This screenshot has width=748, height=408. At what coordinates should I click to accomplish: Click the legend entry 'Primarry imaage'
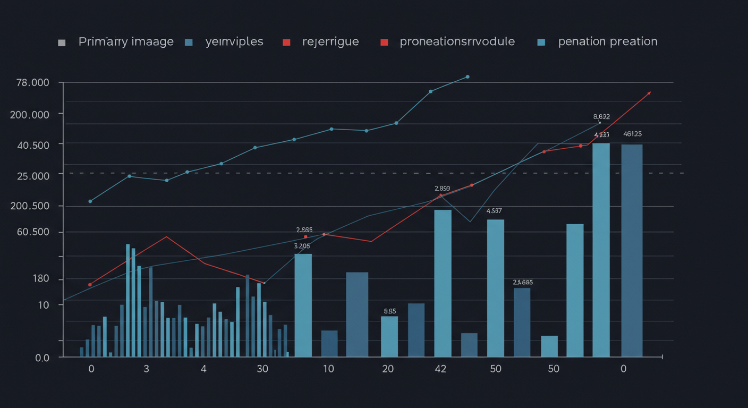(x=126, y=41)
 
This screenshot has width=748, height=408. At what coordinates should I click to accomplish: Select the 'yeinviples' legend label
(x=234, y=41)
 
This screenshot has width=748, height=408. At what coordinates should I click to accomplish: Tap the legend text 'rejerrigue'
(x=330, y=41)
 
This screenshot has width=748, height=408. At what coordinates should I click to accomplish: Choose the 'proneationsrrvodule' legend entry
(x=457, y=41)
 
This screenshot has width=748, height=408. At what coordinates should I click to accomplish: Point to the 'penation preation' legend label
(x=608, y=41)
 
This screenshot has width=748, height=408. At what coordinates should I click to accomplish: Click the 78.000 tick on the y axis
(x=33, y=83)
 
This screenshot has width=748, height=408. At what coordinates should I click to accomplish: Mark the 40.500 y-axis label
(x=33, y=145)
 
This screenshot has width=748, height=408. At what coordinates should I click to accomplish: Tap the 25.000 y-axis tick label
(x=33, y=175)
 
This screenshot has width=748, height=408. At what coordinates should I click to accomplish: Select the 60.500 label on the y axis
(x=33, y=232)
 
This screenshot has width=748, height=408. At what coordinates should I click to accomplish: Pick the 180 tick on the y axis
(x=41, y=279)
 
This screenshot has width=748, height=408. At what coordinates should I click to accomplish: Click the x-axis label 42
(x=440, y=369)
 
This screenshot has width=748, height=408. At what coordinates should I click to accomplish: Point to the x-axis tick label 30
(x=262, y=369)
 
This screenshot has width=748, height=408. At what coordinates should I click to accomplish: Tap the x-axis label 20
(x=388, y=369)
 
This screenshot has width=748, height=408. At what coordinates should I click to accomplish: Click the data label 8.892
(x=601, y=116)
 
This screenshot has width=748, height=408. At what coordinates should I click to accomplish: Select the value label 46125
(x=632, y=134)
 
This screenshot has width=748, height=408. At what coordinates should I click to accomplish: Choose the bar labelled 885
(x=389, y=336)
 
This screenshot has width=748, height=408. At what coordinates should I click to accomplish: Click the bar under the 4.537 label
(x=496, y=288)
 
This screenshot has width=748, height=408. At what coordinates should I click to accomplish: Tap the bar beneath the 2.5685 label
(x=522, y=322)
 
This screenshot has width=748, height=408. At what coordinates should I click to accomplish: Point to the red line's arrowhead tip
(x=650, y=92)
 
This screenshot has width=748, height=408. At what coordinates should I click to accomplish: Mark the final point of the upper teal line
(x=467, y=76)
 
